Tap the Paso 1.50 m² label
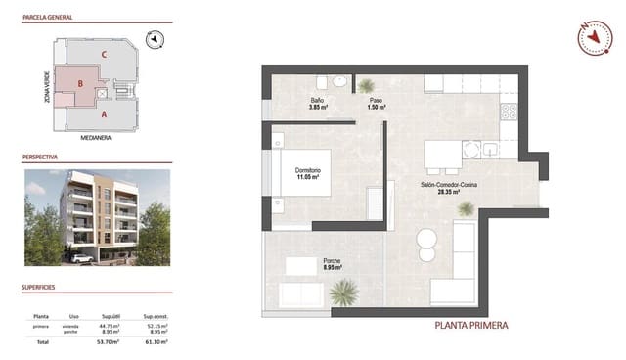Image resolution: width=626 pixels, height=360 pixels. (x=376, y=103)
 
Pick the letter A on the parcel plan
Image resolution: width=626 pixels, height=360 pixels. (x=104, y=114)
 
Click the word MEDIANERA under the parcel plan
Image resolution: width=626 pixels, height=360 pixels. (x=96, y=138)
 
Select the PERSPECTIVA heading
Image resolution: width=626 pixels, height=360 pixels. (x=40, y=157)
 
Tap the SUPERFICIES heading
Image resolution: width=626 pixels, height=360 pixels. (x=40, y=288)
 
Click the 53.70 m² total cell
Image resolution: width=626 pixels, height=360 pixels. (x=109, y=343)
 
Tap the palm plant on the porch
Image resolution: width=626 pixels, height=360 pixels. (x=343, y=291)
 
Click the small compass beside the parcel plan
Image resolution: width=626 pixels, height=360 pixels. (x=155, y=40)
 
